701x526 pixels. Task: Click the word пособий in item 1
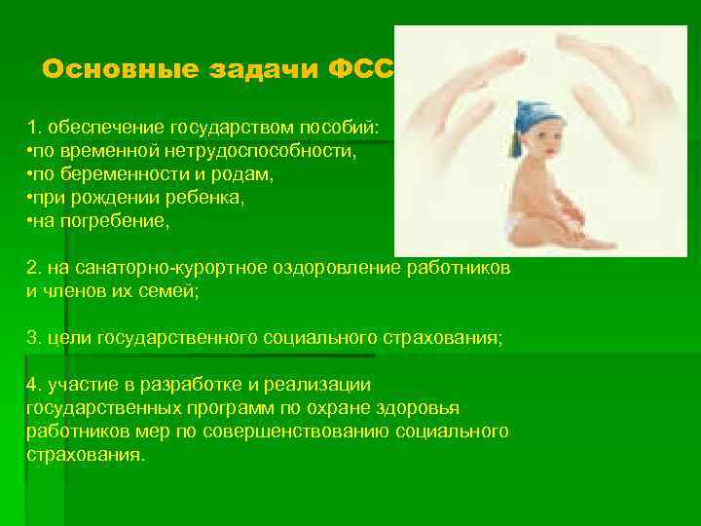click(347, 128)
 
